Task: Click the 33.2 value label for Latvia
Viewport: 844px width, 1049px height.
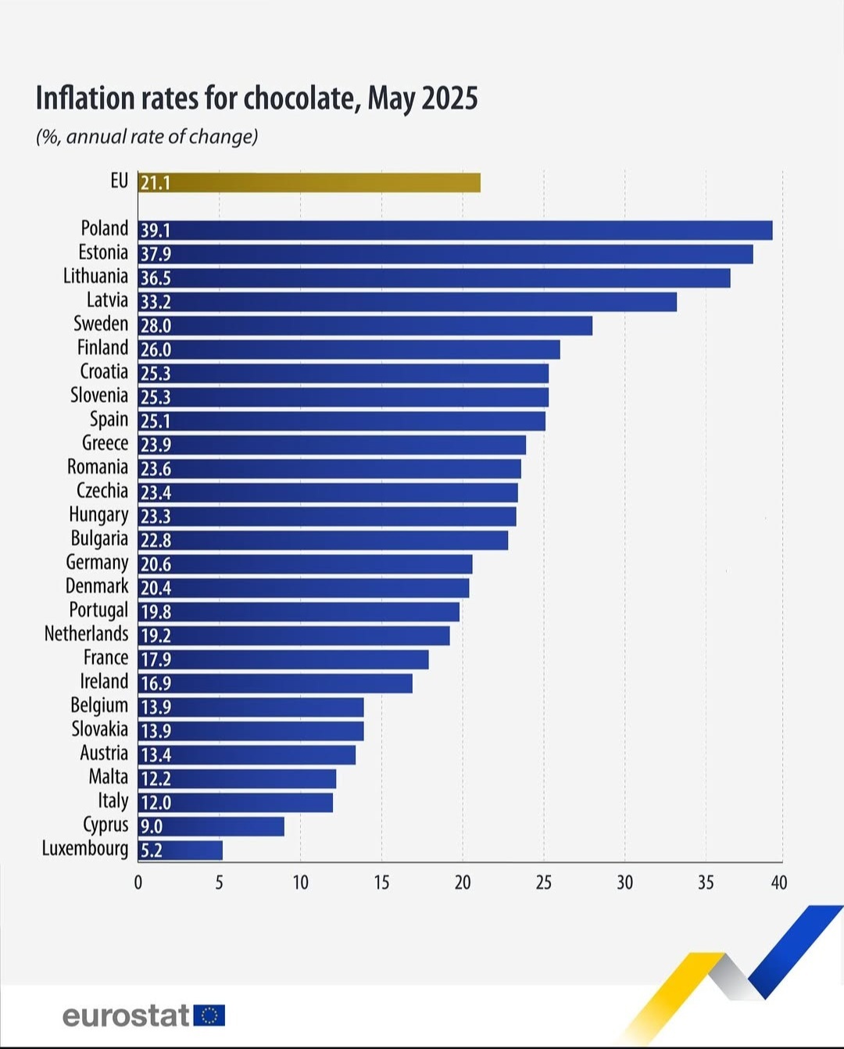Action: click(x=156, y=302)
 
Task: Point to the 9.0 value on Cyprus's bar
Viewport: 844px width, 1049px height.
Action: click(x=151, y=826)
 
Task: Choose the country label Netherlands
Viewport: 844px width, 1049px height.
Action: click(x=86, y=633)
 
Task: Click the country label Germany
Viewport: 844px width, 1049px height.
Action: click(x=97, y=563)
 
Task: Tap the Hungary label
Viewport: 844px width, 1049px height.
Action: click(x=98, y=514)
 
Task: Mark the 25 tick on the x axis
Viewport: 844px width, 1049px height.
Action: click(x=544, y=883)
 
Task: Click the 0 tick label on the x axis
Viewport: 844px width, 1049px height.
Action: click(x=138, y=883)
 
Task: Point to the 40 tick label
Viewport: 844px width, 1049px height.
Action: click(x=779, y=883)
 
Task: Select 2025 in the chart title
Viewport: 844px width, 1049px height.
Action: click(x=449, y=98)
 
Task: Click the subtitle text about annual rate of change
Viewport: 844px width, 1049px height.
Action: click(x=147, y=137)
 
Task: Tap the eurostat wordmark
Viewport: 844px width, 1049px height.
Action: click(x=126, y=1015)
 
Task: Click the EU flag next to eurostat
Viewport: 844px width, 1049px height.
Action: click(x=209, y=1015)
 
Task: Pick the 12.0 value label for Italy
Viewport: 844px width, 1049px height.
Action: click(x=156, y=802)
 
